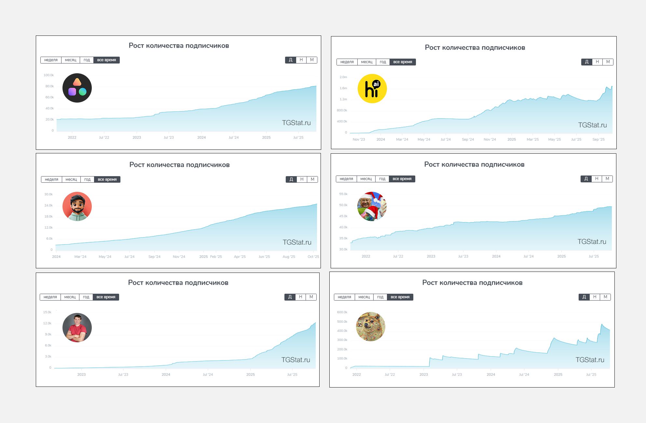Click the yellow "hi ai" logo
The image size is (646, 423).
tap(372, 89)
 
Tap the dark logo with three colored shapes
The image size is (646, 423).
tap(77, 88)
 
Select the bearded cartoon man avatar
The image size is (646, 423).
tap(77, 206)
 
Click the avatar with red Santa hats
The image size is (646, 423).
tap(372, 206)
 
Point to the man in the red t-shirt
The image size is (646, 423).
tap(77, 328)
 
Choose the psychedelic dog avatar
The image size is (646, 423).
tap(371, 327)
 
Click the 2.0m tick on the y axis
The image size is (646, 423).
tap(343, 77)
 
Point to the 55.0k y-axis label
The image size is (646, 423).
tap(343, 194)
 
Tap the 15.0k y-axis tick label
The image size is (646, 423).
tap(47, 312)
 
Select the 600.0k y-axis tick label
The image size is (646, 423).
tap(342, 312)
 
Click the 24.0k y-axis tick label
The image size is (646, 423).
tap(48, 205)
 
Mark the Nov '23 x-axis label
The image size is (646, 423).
tap(359, 139)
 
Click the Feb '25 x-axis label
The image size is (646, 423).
tap(216, 257)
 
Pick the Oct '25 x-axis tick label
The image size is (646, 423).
tap(313, 257)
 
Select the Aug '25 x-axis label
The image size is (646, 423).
tap(289, 257)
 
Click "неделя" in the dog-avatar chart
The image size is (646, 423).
tap(344, 297)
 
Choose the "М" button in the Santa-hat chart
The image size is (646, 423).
tap(607, 179)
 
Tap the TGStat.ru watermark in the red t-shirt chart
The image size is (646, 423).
tap(296, 360)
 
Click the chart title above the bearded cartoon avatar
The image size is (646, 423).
tap(179, 165)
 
